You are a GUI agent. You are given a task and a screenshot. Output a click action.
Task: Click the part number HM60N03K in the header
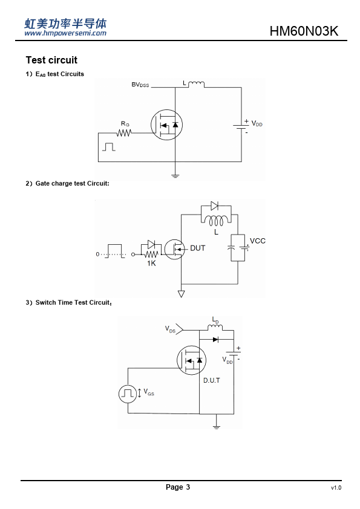pos(304,31)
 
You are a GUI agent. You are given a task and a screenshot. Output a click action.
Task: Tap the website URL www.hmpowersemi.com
pos(65,33)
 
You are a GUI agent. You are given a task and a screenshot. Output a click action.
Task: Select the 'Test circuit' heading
pos(51,60)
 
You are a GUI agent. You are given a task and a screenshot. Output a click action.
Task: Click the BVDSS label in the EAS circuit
pos(140,85)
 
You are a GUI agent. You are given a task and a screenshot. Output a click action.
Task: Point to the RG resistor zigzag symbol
pos(124,133)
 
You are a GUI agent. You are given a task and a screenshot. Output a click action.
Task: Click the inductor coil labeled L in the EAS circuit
pos(196,85)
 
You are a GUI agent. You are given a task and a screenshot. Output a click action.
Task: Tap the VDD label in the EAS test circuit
pos(257,124)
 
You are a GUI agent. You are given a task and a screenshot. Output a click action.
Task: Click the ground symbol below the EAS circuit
pos(175,176)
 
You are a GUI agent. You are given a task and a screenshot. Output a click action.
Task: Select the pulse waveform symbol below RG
pos(109,147)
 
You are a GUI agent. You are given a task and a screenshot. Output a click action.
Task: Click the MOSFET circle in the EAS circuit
pos(166,125)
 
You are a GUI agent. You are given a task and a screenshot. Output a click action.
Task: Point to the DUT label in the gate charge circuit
pos(197,248)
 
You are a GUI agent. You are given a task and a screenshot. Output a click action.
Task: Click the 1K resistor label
pos(151,263)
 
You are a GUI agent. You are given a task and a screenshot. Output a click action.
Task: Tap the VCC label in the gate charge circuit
pos(258,241)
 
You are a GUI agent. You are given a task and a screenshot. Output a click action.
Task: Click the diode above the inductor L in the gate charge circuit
pos(214,206)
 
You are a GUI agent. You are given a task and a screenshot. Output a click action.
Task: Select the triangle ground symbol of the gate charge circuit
pos(182,294)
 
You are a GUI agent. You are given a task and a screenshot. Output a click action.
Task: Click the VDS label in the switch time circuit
pos(170,329)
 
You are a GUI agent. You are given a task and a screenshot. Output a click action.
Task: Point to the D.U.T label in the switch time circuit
pos(212,380)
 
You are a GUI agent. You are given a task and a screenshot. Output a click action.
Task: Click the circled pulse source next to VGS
pos(128,394)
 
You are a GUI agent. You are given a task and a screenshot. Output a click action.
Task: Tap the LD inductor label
pos(215,320)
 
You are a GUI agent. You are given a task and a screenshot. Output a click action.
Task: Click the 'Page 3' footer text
pos(178,487)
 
